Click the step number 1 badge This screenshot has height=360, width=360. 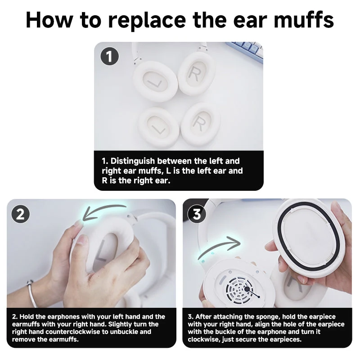tap(110, 56)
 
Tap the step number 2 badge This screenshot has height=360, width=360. tap(20, 214)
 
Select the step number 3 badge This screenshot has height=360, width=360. tap(197, 214)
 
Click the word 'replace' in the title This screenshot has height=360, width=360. tap(147, 21)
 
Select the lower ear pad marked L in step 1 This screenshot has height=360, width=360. tap(158, 127)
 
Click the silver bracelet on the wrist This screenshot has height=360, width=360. tap(32, 293)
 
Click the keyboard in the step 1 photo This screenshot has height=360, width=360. tap(247, 50)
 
